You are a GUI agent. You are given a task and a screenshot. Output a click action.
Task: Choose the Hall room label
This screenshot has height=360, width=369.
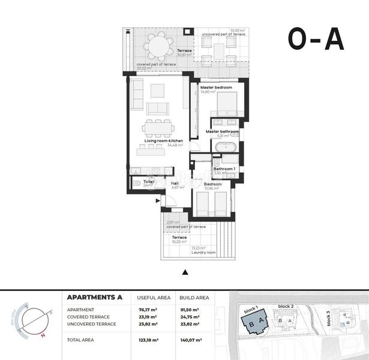click(175, 184)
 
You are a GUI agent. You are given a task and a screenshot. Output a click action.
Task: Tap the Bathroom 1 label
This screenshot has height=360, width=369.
click(226, 170)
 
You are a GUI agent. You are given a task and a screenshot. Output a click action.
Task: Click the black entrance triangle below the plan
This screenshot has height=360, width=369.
click(185, 273)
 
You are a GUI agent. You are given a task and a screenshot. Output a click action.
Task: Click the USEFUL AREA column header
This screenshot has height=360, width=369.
click(153, 297)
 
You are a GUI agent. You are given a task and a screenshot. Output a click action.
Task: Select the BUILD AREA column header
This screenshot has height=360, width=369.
click(194, 297)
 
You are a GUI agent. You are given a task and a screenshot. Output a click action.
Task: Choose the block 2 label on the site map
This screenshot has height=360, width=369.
click(286, 307)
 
